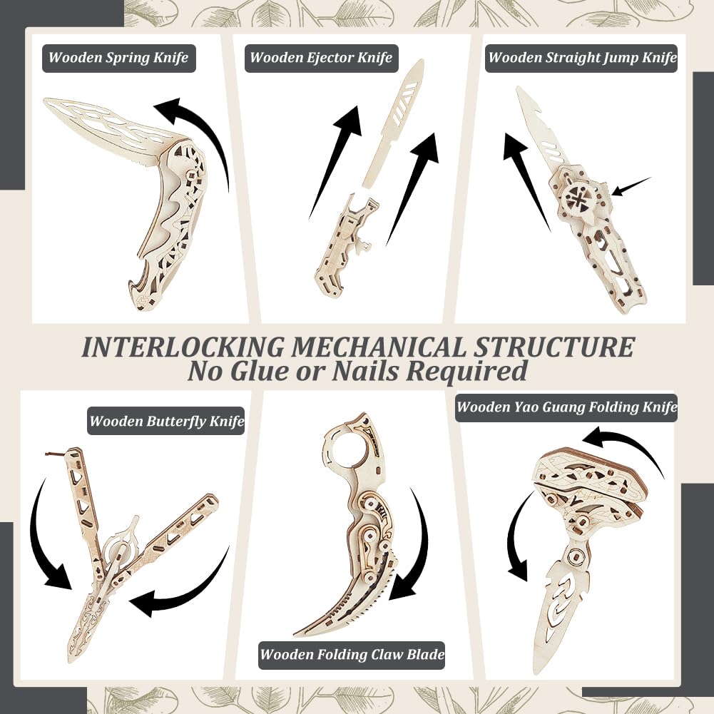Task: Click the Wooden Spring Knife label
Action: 119,58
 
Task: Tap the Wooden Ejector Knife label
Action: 322,58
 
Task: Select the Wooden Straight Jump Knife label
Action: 581,58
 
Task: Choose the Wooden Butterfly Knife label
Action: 166,421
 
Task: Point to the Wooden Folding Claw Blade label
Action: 352,655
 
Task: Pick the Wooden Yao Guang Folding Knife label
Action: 566,407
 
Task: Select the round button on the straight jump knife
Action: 577,196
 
